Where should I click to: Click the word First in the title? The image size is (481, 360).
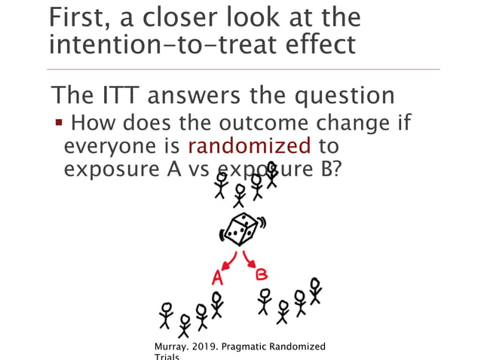[x=74, y=18]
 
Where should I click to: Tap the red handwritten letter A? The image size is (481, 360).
[x=217, y=276]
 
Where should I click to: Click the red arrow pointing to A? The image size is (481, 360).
[x=227, y=263]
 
